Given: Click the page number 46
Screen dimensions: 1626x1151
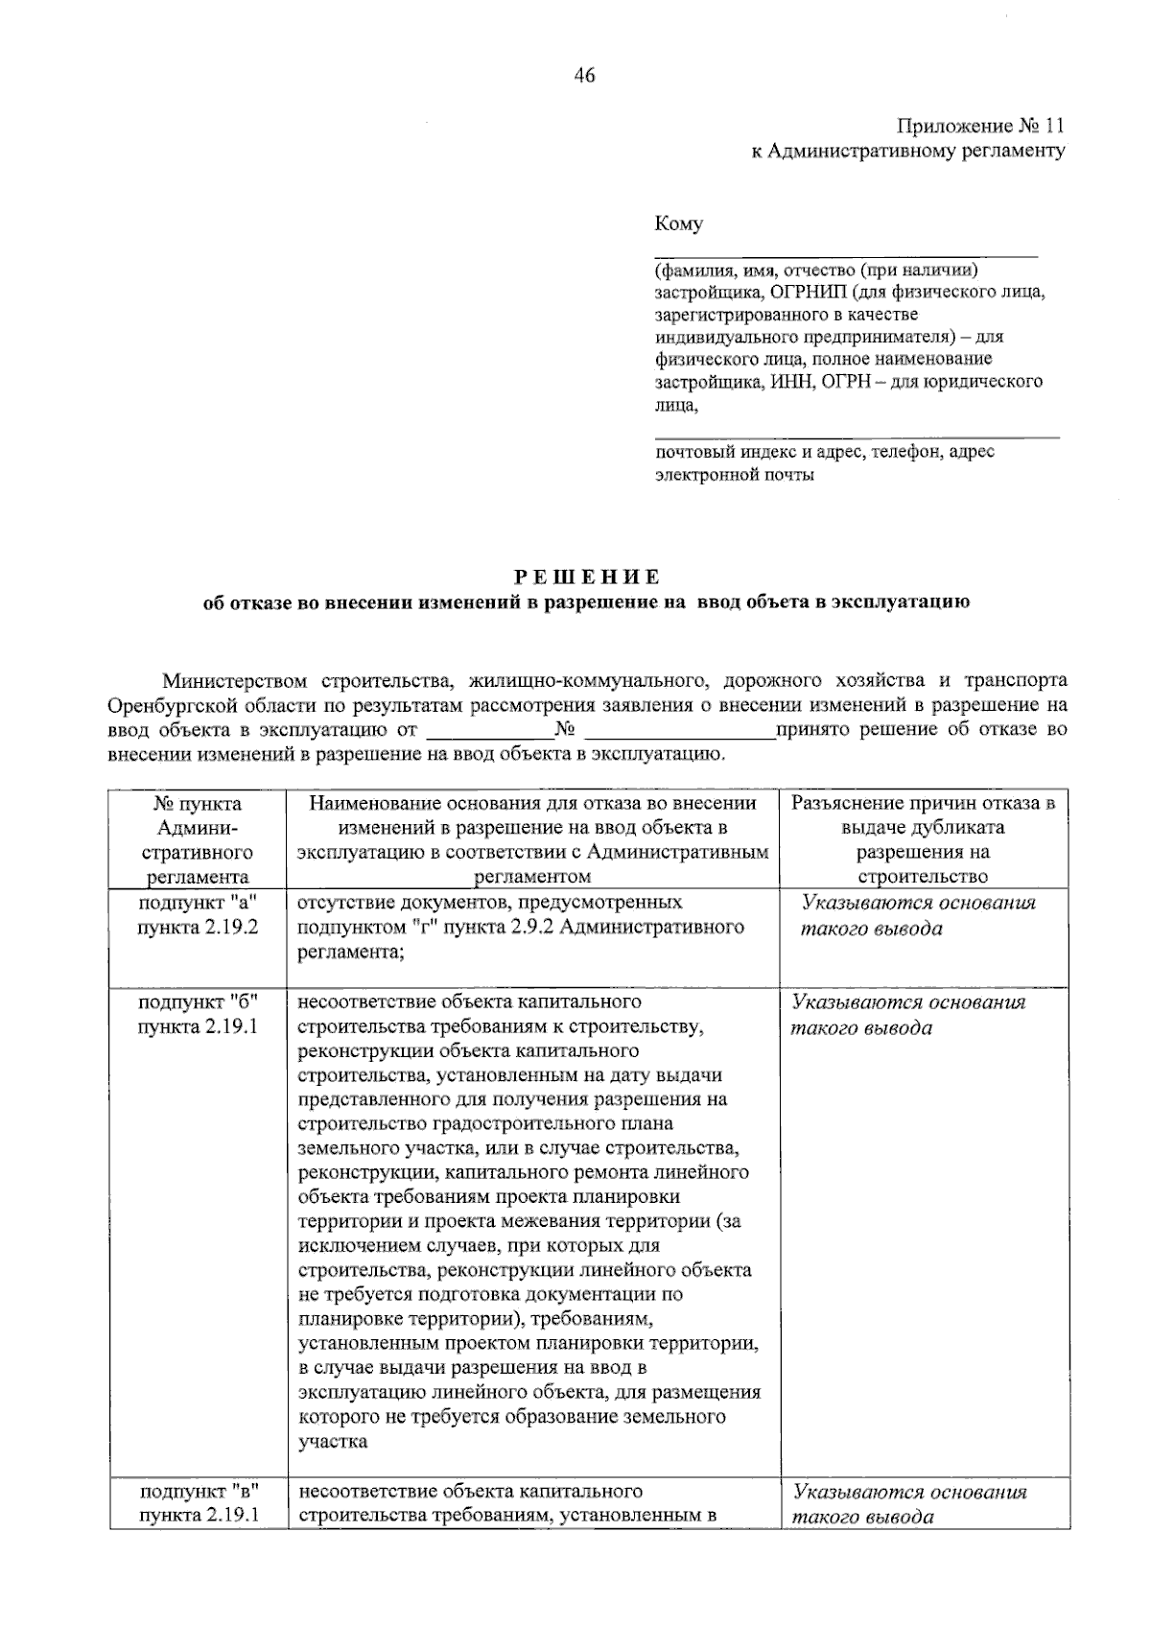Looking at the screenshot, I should (585, 76).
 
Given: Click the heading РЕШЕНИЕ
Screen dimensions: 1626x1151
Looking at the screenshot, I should (586, 577).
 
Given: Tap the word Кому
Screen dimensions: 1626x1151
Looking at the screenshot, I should (678, 224).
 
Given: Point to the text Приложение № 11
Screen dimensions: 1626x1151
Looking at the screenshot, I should (980, 127).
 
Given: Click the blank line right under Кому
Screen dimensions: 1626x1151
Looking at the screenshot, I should (846, 255).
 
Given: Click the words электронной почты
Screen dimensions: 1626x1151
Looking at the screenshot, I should (735, 475).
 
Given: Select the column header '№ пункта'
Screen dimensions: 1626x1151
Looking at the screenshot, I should (198, 804).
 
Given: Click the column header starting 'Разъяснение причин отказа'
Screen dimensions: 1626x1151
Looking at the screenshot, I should (923, 804).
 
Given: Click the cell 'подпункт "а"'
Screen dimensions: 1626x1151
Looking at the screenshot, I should (198, 904).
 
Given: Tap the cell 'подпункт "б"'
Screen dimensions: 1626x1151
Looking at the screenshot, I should (198, 1002).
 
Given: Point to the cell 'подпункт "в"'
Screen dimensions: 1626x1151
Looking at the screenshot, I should (198, 1492).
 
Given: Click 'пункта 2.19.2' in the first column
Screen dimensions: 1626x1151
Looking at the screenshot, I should (198, 929).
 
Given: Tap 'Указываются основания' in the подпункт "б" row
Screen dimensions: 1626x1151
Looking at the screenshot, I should (908, 1002).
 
